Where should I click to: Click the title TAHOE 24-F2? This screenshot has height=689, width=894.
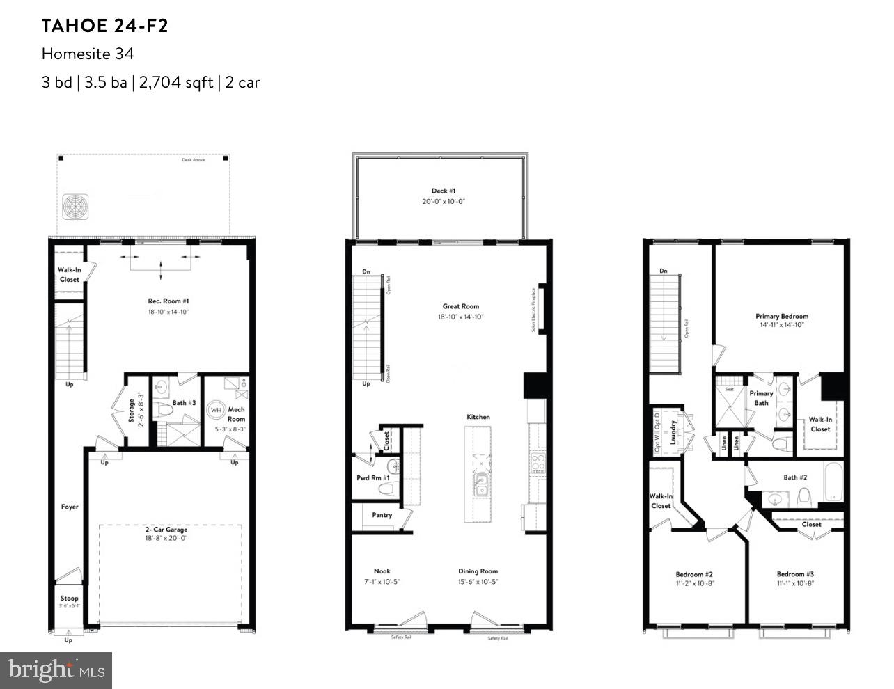coord(104,26)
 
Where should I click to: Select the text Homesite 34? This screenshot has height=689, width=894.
coord(87,54)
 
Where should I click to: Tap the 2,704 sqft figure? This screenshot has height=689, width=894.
coord(176,82)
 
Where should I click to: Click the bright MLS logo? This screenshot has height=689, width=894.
coord(56,670)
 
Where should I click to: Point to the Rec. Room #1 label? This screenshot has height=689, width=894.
coord(168,301)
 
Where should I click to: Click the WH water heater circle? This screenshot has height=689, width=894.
coord(216,410)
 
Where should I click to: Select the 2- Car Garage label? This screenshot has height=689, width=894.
coord(166,530)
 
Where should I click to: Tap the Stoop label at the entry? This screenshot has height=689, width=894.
coord(69,598)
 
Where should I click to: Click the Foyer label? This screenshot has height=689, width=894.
coord(69,507)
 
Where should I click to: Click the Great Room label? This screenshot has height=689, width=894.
coord(460,306)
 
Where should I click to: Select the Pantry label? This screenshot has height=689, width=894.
coord(382,515)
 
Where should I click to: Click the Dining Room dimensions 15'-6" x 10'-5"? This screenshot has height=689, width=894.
coord(478,582)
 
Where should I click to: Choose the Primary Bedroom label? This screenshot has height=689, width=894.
coord(782,316)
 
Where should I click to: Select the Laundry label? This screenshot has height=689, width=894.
coord(673,431)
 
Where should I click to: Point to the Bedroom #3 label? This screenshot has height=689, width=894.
coord(795,574)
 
